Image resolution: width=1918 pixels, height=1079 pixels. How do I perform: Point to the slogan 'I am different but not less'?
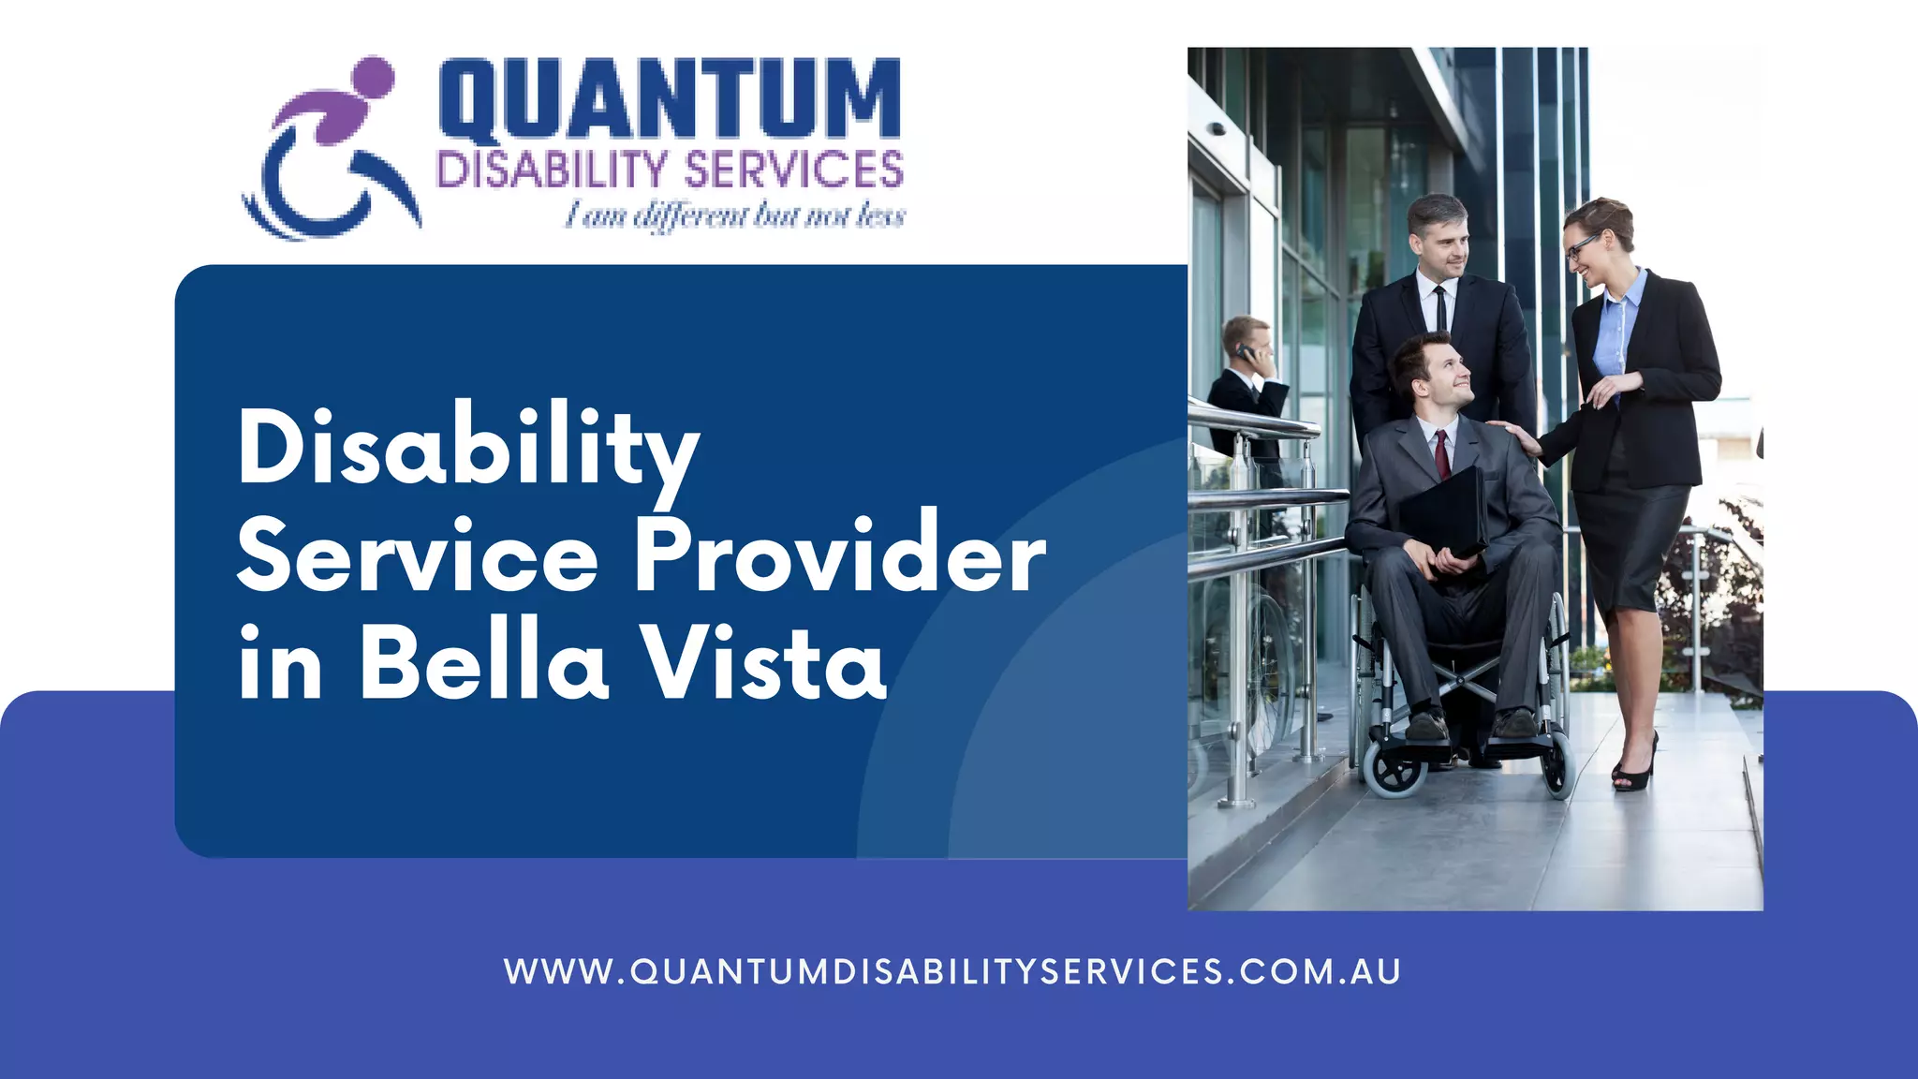click(x=734, y=216)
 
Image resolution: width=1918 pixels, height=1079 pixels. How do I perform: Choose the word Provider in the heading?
click(x=839, y=557)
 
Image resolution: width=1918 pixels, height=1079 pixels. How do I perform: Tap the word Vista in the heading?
click(x=765, y=664)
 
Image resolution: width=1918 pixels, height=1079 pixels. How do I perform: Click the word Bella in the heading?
click(x=484, y=664)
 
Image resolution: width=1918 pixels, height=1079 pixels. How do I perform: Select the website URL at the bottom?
click(x=952, y=971)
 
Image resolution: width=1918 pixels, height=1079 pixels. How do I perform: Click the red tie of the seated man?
click(x=1443, y=453)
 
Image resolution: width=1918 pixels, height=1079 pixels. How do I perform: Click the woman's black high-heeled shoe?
click(x=1634, y=768)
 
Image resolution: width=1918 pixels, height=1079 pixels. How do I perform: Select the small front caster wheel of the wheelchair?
click(x=1395, y=774)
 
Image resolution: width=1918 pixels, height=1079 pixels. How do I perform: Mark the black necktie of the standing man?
click(x=1440, y=308)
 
